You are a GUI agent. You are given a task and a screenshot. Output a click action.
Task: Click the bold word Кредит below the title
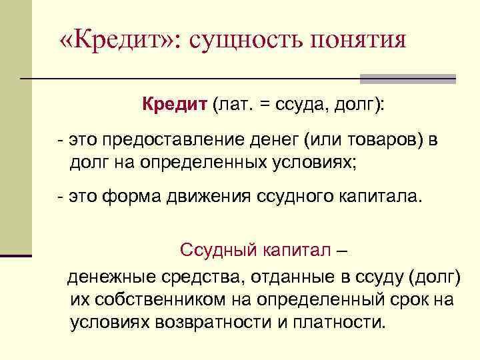click(x=174, y=105)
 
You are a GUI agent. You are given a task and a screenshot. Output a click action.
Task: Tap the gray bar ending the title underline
click(x=408, y=79)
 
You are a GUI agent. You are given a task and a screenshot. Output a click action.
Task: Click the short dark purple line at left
click(x=16, y=255)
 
